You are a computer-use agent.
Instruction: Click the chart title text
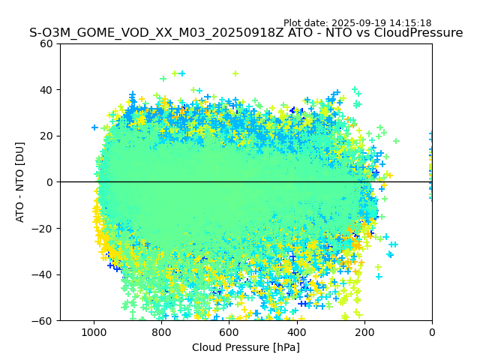(x=246, y=33)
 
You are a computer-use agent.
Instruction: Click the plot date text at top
(x=357, y=23)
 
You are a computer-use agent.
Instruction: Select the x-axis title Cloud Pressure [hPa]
(x=246, y=347)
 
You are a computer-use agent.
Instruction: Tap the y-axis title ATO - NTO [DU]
(x=20, y=182)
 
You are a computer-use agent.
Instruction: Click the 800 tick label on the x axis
(x=161, y=331)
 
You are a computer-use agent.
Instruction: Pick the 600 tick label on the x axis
(x=229, y=331)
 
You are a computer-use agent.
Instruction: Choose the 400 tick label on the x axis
(x=297, y=331)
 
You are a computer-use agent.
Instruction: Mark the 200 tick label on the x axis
(x=364, y=331)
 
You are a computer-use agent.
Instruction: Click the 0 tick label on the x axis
(x=432, y=331)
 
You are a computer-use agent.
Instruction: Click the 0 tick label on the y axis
(x=50, y=182)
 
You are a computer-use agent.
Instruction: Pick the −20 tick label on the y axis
(x=44, y=229)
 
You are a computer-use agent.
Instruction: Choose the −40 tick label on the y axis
(x=44, y=274)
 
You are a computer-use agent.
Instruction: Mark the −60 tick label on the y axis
(x=44, y=321)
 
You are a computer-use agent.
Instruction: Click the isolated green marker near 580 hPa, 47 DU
(x=235, y=73)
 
